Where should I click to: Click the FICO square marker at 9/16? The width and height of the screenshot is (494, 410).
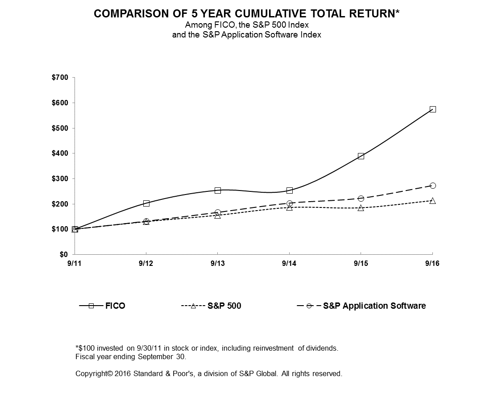click(x=432, y=109)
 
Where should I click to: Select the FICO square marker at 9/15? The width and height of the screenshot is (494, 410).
click(x=361, y=156)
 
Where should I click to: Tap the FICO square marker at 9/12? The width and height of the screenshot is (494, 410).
click(x=146, y=203)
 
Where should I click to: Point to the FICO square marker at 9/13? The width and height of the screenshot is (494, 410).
click(x=218, y=191)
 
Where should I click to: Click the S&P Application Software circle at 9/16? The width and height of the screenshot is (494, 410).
click(x=432, y=186)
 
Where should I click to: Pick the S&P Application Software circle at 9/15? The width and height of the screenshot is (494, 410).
click(x=361, y=198)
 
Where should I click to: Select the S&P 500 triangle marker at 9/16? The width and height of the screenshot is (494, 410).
click(x=432, y=201)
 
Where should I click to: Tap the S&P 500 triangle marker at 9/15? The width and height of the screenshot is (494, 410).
click(x=361, y=208)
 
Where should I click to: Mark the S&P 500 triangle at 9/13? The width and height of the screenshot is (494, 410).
click(x=218, y=215)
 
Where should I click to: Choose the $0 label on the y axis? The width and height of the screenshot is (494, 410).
click(x=64, y=255)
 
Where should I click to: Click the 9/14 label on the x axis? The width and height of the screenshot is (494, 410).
click(x=289, y=264)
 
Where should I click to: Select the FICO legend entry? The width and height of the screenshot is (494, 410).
click(x=115, y=306)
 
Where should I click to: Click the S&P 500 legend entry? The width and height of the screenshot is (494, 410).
click(x=224, y=306)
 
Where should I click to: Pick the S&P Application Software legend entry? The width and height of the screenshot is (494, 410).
click(x=374, y=306)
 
